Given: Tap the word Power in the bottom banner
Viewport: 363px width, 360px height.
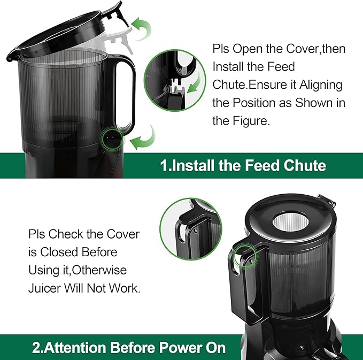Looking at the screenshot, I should (x=177, y=348).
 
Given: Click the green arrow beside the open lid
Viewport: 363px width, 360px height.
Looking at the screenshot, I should (x=142, y=28).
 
